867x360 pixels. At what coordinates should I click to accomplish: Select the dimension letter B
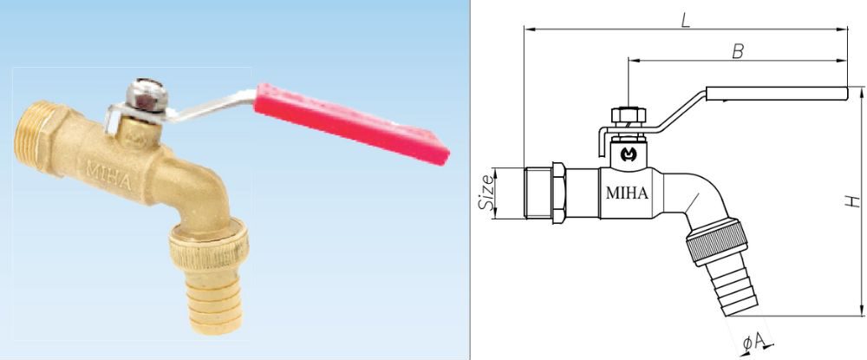coord(738,51)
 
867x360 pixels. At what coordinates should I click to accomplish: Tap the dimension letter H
coord(854,201)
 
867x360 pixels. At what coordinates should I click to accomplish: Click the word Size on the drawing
coord(488,192)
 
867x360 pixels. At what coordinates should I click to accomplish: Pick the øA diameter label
coord(754,344)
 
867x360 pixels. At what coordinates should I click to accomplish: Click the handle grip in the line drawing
coord(777,93)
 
